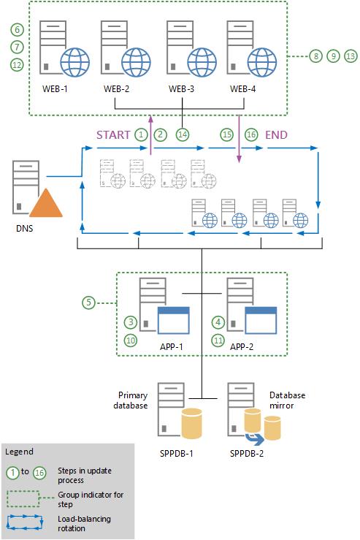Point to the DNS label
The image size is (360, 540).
tap(24, 228)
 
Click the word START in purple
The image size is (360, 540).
tap(113, 134)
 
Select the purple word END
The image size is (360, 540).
tap(276, 134)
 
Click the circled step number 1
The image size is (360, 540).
tap(142, 134)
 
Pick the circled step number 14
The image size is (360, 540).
tap(182, 134)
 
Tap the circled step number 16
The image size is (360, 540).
tap(250, 134)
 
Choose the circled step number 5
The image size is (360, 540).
tap(87, 300)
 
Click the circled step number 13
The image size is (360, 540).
tap(351, 56)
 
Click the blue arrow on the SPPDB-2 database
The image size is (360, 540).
tap(255, 438)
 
